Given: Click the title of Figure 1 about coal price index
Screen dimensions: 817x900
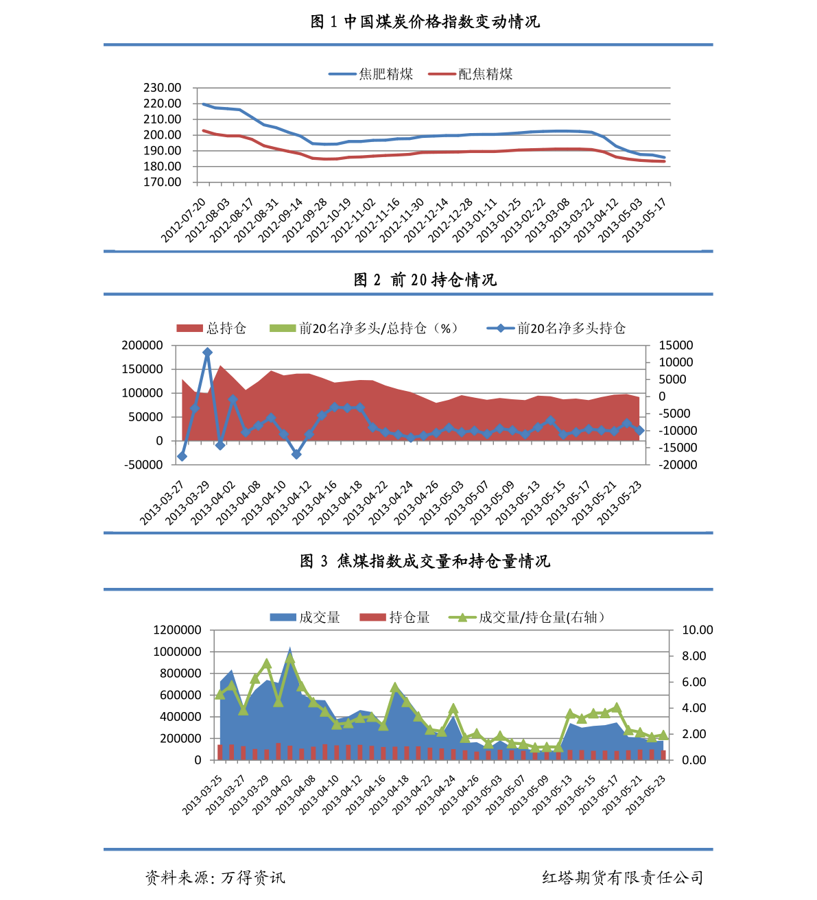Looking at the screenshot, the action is tap(425, 21).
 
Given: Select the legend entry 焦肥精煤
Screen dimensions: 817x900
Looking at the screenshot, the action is tap(370, 74).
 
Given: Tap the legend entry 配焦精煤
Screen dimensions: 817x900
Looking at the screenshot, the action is tap(470, 74).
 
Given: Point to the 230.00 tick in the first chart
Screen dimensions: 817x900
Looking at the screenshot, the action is tap(163, 88).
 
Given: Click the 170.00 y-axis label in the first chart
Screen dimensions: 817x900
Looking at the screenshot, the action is tap(163, 182).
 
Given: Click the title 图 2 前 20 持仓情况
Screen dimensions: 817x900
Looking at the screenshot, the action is tap(425, 279).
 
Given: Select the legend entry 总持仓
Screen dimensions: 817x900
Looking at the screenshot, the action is tap(211, 329).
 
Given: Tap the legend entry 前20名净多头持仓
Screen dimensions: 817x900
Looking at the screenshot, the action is tap(556, 329).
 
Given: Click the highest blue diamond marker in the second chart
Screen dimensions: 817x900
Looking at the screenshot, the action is tap(207, 352).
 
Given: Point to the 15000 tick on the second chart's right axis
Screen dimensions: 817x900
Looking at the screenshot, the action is tap(676, 345).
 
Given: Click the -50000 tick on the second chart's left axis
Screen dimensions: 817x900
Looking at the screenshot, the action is tap(143, 465).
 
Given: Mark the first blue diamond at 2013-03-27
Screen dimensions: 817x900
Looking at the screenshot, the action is tap(182, 456).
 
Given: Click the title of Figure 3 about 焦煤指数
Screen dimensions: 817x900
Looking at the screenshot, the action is tap(425, 561).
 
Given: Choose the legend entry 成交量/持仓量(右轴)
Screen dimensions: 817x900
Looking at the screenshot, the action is tap(526, 617).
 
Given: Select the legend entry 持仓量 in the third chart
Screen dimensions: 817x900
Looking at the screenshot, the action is tap(395, 617).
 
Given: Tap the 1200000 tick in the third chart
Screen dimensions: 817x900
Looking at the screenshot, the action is tap(177, 630).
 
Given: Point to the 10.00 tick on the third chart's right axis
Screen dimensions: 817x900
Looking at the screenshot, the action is tap(697, 630).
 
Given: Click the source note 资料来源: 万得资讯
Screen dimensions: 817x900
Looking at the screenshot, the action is tap(215, 877).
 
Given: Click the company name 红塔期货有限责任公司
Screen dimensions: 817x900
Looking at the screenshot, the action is tap(622, 877).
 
